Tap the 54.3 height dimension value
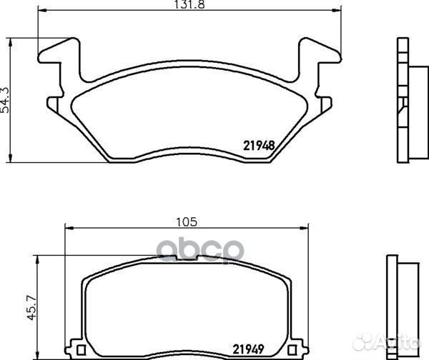click(x=5, y=100)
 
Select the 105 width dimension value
click(x=187, y=221)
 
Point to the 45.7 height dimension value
click(x=31, y=307)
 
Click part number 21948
click(x=259, y=146)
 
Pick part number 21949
click(x=248, y=349)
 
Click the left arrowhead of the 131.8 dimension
click(x=41, y=11)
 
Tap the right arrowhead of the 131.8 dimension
click(x=337, y=11)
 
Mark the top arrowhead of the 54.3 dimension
click(x=11, y=42)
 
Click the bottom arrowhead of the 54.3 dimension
click(x=11, y=159)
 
